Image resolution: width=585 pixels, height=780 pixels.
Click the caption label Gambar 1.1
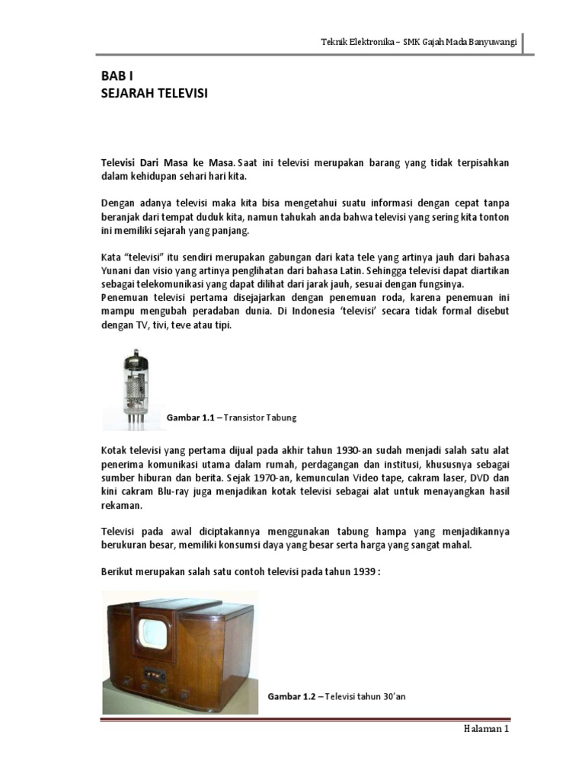(190, 418)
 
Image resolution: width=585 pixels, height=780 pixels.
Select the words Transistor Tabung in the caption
(259, 418)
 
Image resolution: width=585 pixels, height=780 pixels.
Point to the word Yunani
(117, 270)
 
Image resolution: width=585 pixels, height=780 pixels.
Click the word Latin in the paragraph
(352, 270)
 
